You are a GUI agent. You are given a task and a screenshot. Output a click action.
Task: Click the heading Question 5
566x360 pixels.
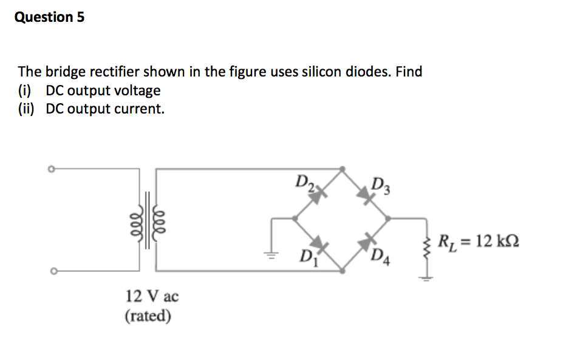[x=49, y=17]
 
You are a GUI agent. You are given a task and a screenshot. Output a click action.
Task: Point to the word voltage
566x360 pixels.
[x=138, y=90]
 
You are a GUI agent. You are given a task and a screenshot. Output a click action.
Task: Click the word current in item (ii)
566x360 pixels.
[x=140, y=109]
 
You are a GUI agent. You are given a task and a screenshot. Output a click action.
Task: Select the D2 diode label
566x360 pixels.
[x=304, y=181]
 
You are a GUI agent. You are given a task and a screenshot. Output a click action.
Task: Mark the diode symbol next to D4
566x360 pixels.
[x=366, y=242]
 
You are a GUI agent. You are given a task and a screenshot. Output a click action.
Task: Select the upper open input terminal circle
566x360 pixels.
[x=52, y=169]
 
